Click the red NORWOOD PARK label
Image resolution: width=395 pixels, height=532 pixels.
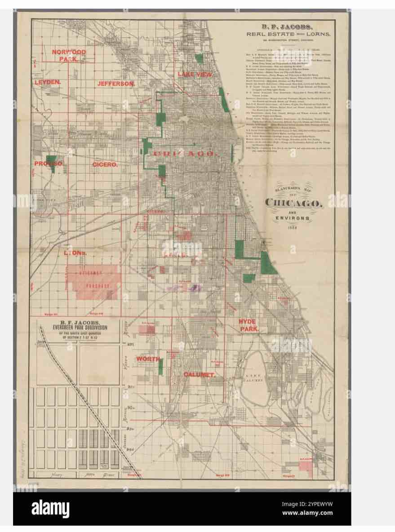[69, 55]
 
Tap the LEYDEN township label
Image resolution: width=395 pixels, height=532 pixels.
[47, 83]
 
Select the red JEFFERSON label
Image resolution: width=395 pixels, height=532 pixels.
[116, 84]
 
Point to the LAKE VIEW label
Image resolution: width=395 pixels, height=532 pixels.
[195, 74]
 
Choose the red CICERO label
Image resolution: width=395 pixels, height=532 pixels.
[105, 165]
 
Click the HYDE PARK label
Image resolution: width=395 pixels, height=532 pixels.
[249, 325]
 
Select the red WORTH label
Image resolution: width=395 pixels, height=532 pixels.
[148, 359]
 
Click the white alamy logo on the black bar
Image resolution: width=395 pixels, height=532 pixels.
[50, 509]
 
